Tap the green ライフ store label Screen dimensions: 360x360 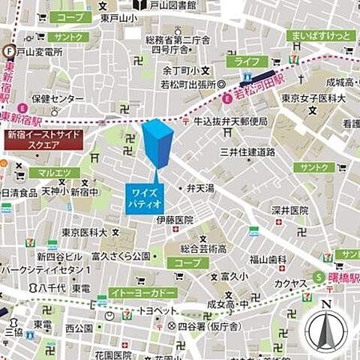click(x=246, y=61)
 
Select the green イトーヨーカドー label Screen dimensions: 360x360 click(x=142, y=292)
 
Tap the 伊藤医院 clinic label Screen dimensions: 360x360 click(x=175, y=220)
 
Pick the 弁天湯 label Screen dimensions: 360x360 click(x=200, y=187)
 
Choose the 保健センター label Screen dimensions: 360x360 click(x=58, y=98)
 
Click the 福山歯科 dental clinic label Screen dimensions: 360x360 click(x=268, y=259)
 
